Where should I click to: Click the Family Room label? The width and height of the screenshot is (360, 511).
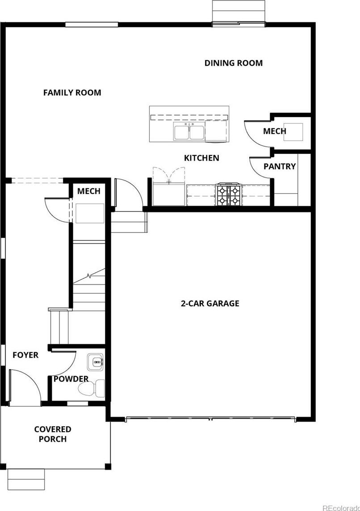tap(72, 93)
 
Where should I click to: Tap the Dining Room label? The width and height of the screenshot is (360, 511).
tap(234, 63)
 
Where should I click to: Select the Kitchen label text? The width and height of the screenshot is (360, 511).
tap(201, 158)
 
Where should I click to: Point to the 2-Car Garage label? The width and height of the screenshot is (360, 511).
tap(210, 304)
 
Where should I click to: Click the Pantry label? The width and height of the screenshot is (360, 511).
tap(280, 166)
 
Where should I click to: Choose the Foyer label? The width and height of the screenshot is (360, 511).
tap(25, 355)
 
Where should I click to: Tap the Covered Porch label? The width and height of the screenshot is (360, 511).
tap(53, 434)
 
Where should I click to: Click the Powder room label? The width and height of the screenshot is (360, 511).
tap(71, 379)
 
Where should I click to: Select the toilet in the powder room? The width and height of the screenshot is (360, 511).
tap(92, 389)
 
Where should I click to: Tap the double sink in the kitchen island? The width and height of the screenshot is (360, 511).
tap(189, 131)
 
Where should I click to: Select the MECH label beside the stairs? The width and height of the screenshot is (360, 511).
tap(88, 191)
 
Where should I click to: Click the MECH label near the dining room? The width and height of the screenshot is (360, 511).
tap(275, 131)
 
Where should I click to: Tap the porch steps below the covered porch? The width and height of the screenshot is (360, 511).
tap(26, 479)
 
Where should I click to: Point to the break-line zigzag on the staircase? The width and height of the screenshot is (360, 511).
tap(89, 276)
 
